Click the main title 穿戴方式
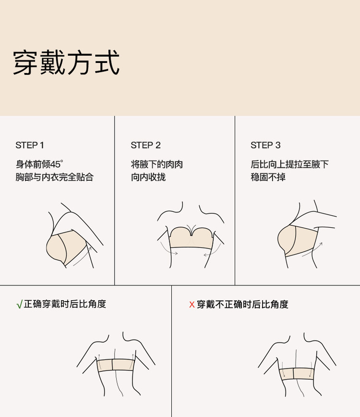[66, 63]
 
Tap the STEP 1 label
[29, 145]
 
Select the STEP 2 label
[145, 145]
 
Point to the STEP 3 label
[265, 145]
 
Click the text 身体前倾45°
[39, 164]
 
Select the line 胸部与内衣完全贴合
[54, 177]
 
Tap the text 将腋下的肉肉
[157, 164]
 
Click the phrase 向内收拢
[148, 177]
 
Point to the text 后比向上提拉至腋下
[289, 164]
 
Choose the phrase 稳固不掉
[268, 177]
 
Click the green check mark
[19, 305]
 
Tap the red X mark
[192, 305]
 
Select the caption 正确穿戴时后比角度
[65, 304]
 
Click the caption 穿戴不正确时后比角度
[242, 304]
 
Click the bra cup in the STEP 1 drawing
[56, 249]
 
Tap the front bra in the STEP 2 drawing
[192, 238]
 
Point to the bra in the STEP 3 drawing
[298, 241]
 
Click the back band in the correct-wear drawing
[116, 365]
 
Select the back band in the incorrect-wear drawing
[297, 374]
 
